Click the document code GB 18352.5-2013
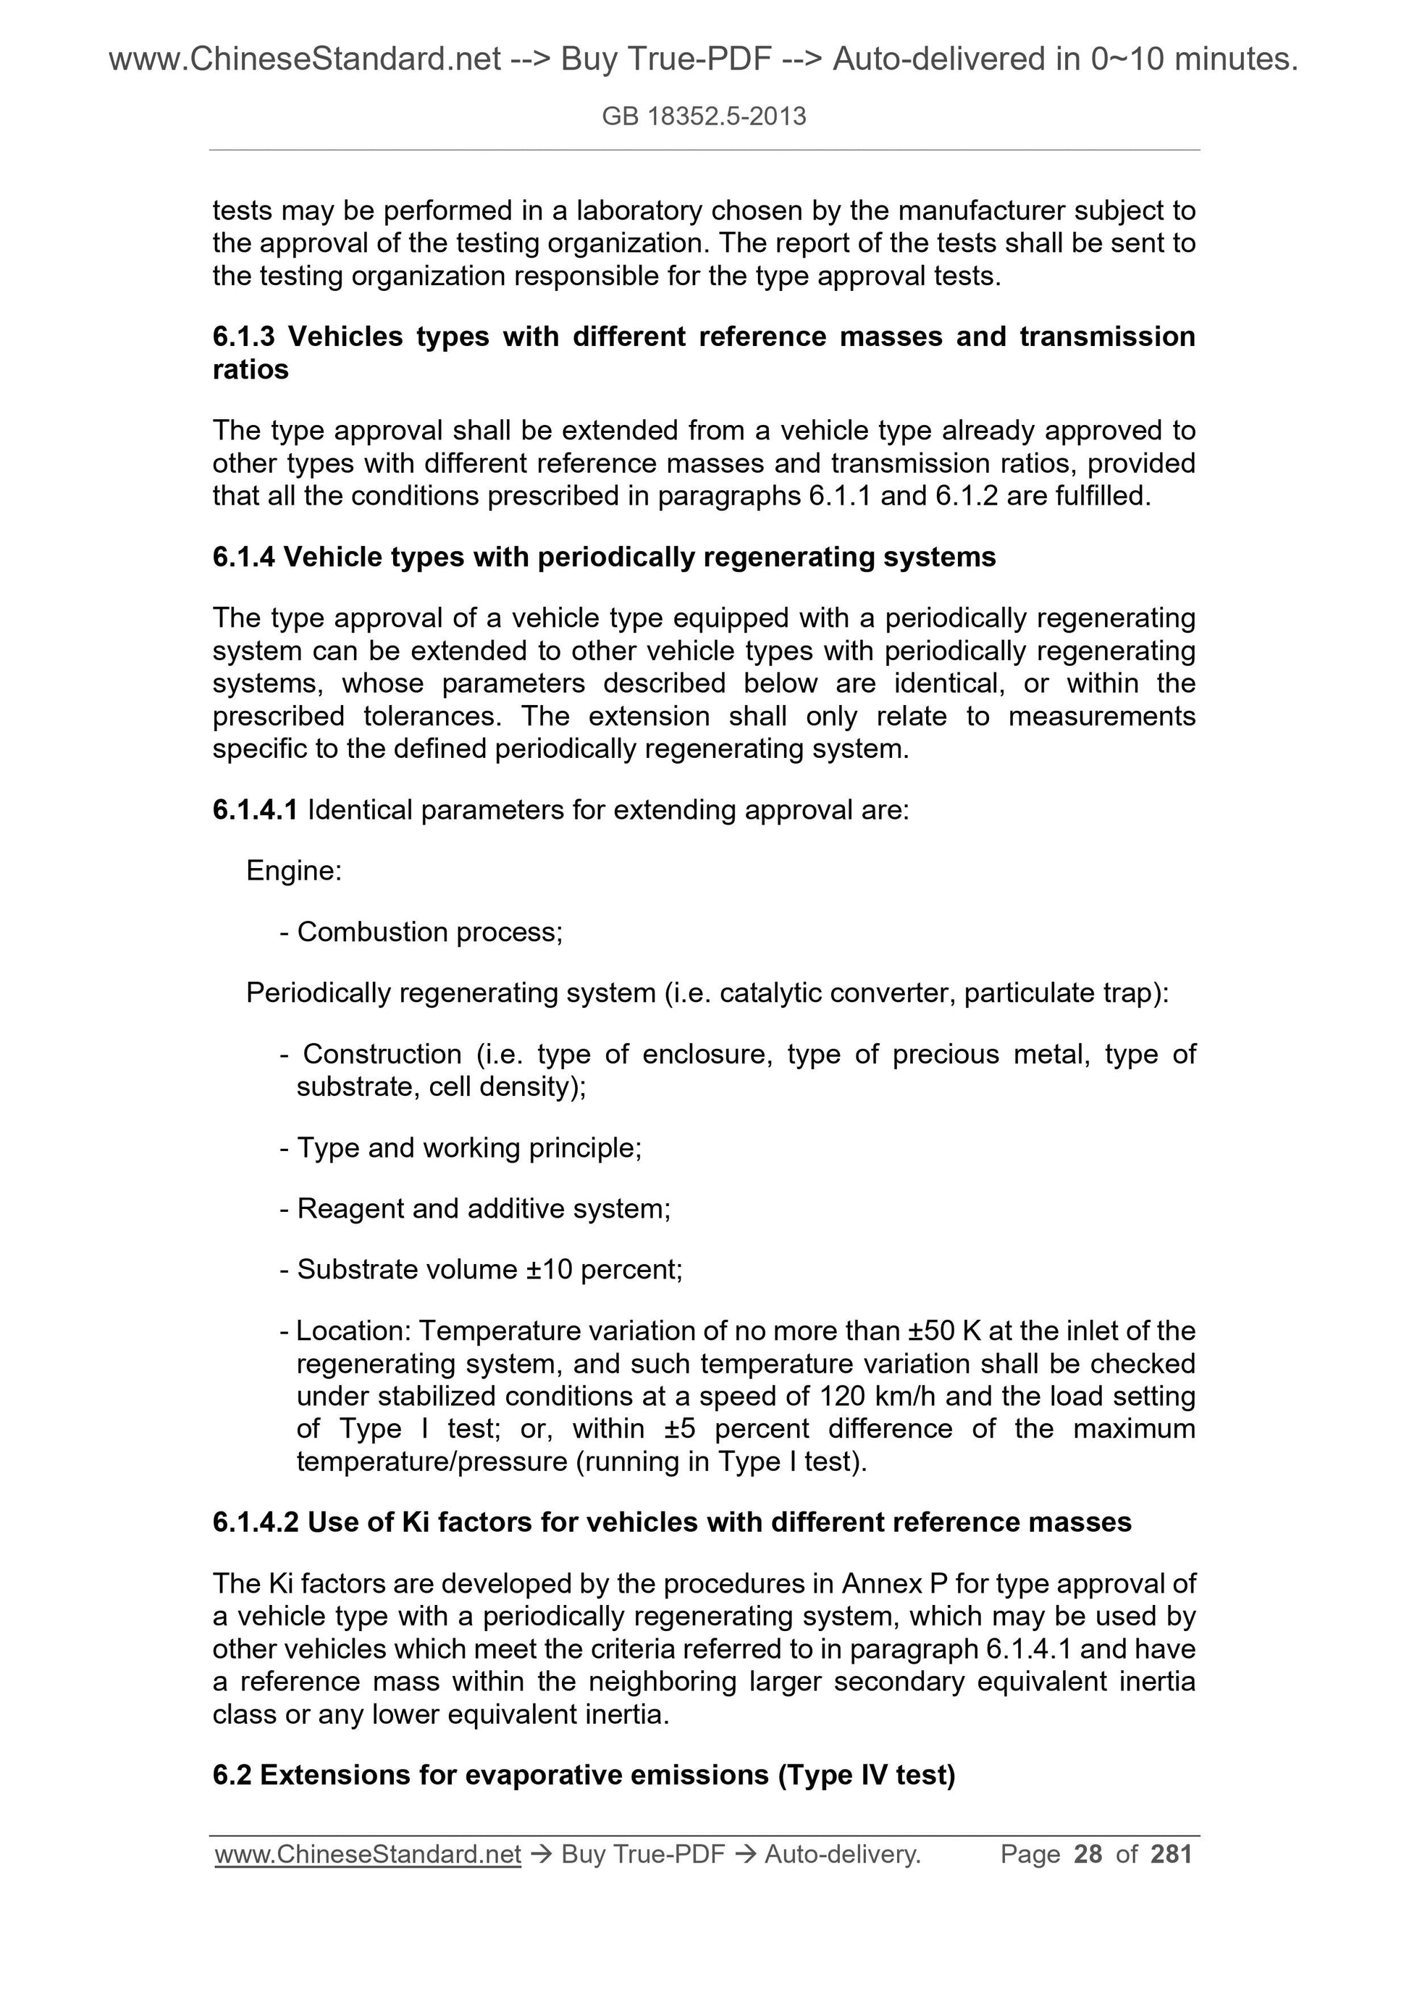tap(703, 117)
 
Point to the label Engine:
tap(293, 871)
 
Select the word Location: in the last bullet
tap(353, 1331)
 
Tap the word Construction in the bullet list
tap(382, 1054)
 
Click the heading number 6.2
tap(232, 1775)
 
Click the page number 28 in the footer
tap(1088, 1853)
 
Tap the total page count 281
tap(1171, 1853)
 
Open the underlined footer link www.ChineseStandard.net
tap(367, 1854)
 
